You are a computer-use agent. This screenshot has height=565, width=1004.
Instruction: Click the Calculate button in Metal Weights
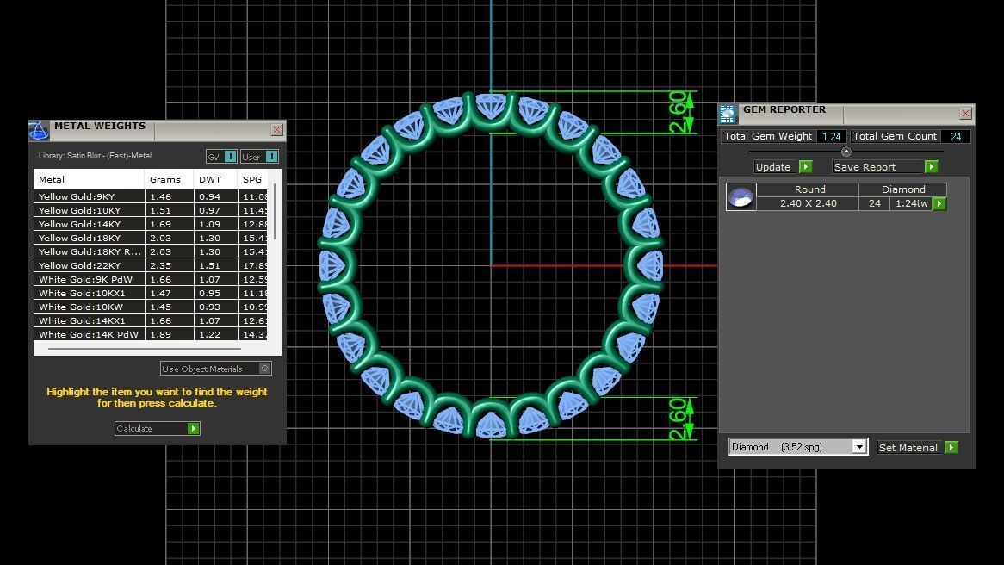157,428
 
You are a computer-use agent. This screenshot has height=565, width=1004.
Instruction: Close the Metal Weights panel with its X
276,130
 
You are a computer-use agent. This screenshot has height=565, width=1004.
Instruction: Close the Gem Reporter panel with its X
965,114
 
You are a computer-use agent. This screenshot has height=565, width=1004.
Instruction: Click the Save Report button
884,167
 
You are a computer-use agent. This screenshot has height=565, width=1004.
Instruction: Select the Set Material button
917,448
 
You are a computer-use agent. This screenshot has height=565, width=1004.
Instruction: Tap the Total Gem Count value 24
956,137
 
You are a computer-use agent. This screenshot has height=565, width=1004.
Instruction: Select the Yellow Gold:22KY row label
79,265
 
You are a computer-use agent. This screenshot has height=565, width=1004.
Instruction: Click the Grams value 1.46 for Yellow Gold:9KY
161,196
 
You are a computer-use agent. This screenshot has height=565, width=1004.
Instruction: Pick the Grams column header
165,180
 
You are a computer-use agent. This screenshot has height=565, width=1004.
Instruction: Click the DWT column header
209,180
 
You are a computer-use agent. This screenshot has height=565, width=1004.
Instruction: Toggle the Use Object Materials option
216,369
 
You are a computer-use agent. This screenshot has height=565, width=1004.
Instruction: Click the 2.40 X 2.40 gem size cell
808,204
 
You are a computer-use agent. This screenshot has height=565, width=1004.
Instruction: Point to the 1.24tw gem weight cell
910,204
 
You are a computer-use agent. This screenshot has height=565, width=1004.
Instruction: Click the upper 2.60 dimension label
679,112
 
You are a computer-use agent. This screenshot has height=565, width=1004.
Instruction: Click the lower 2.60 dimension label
679,419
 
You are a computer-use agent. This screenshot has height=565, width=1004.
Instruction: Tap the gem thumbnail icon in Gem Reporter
741,197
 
